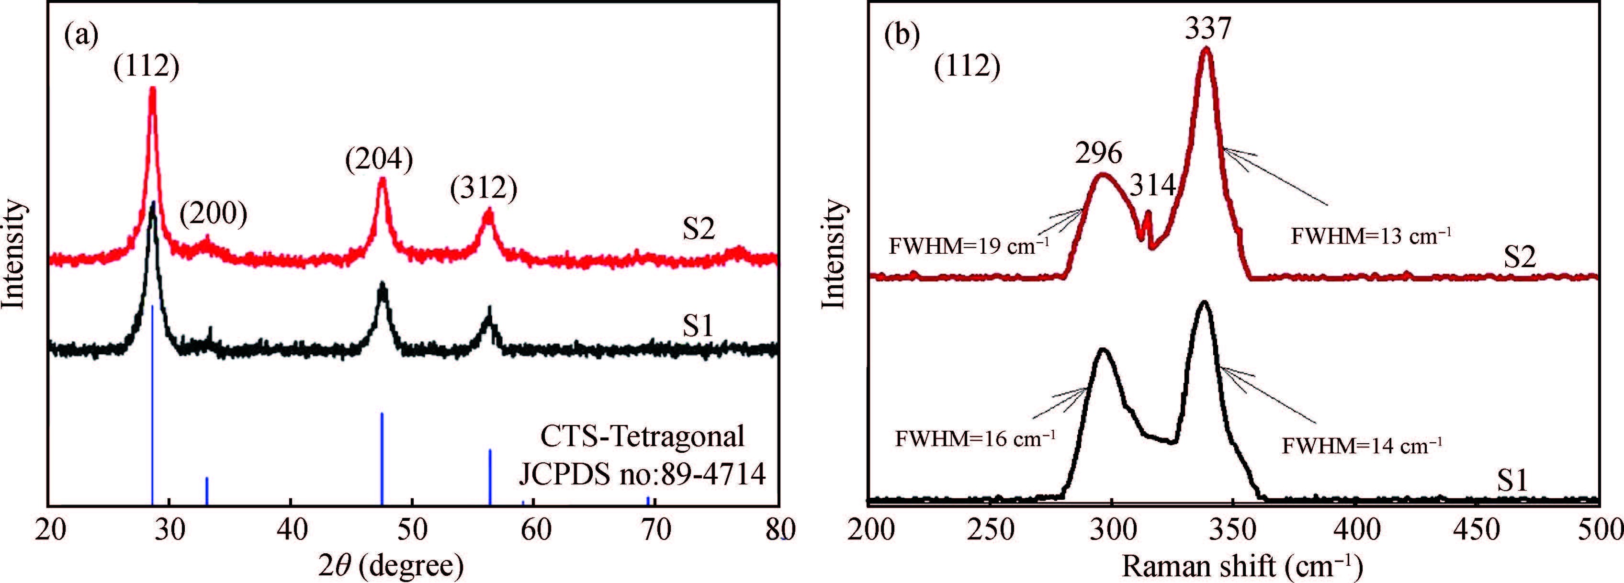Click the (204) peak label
pyautogui.click(x=379, y=159)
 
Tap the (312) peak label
pyautogui.click(x=484, y=189)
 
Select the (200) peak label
pyautogui.click(x=213, y=215)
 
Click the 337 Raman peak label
pyautogui.click(x=1208, y=28)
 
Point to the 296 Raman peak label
pyautogui.click(x=1099, y=153)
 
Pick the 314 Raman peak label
pyautogui.click(x=1152, y=185)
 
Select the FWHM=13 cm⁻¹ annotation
pyautogui.click(x=1371, y=236)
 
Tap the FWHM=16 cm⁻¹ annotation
pyautogui.click(x=975, y=437)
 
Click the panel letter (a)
pyautogui.click(x=81, y=36)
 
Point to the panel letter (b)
pyautogui.click(x=902, y=36)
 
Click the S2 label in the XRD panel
pyautogui.click(x=699, y=229)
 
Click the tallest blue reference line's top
pyautogui.click(x=153, y=306)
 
